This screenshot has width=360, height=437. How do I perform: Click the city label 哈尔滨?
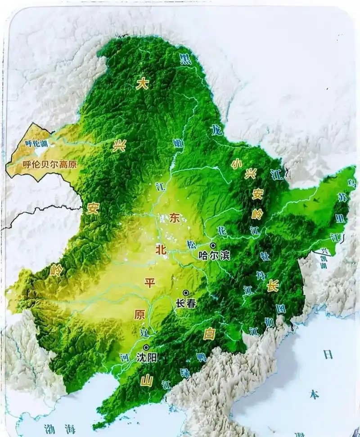tap(214, 255)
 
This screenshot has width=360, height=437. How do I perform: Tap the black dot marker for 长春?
tap(185, 293)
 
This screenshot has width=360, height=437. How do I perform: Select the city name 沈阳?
tap(147, 358)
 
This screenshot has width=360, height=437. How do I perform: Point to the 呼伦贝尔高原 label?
tap(50, 165)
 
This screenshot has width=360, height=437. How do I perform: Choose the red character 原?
tap(139, 314)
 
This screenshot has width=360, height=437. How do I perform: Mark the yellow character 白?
tap(209, 334)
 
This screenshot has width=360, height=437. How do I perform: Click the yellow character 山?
tap(147, 380)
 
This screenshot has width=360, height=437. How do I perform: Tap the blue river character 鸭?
tap(201, 357)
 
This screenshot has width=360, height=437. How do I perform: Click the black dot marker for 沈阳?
tap(146, 348)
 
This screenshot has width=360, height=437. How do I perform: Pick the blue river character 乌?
tap(351, 183)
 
